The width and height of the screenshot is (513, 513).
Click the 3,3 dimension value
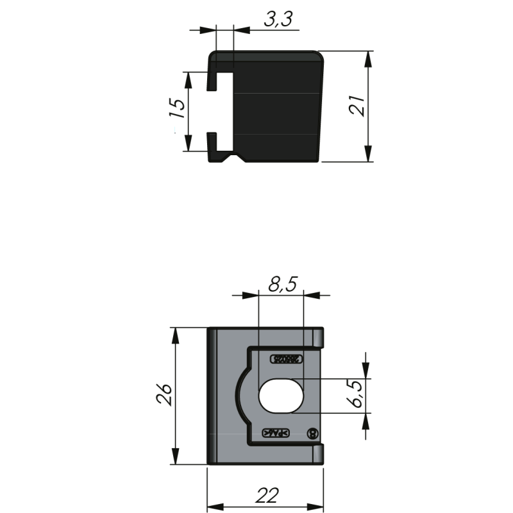[278, 20]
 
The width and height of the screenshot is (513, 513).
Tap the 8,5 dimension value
[282, 283]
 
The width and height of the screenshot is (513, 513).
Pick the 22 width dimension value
[266, 496]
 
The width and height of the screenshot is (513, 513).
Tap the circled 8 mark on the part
[313, 433]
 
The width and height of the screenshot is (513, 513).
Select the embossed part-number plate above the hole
[283, 359]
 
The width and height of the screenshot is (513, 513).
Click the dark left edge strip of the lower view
[210, 396]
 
